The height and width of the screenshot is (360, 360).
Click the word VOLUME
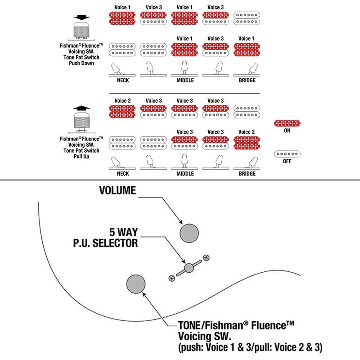(x=117, y=190)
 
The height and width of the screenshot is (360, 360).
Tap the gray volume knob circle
(x=189, y=233)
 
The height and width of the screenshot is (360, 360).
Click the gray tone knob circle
(x=136, y=284)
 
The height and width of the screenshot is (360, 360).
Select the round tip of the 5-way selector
(x=189, y=268)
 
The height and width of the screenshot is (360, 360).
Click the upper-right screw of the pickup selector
(x=207, y=258)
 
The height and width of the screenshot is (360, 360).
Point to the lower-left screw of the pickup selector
(x=172, y=278)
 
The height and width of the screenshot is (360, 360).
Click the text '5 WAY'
(x=123, y=232)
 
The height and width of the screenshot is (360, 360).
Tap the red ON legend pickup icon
(x=287, y=123)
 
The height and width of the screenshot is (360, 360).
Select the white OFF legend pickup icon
(x=287, y=154)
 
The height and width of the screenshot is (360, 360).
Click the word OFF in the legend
(x=287, y=162)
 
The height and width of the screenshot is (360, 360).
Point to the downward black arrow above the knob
(x=81, y=18)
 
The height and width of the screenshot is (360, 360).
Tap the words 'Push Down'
(x=81, y=63)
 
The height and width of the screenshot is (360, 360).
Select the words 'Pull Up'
(x=81, y=157)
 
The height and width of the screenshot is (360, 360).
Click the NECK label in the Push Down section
(x=123, y=81)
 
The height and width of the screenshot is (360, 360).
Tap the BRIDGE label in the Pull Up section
(x=247, y=174)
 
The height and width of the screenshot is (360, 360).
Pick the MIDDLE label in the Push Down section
(x=185, y=81)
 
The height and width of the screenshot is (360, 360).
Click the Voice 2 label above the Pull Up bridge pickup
(x=246, y=132)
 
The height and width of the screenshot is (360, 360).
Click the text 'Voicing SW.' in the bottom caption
(x=205, y=336)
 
